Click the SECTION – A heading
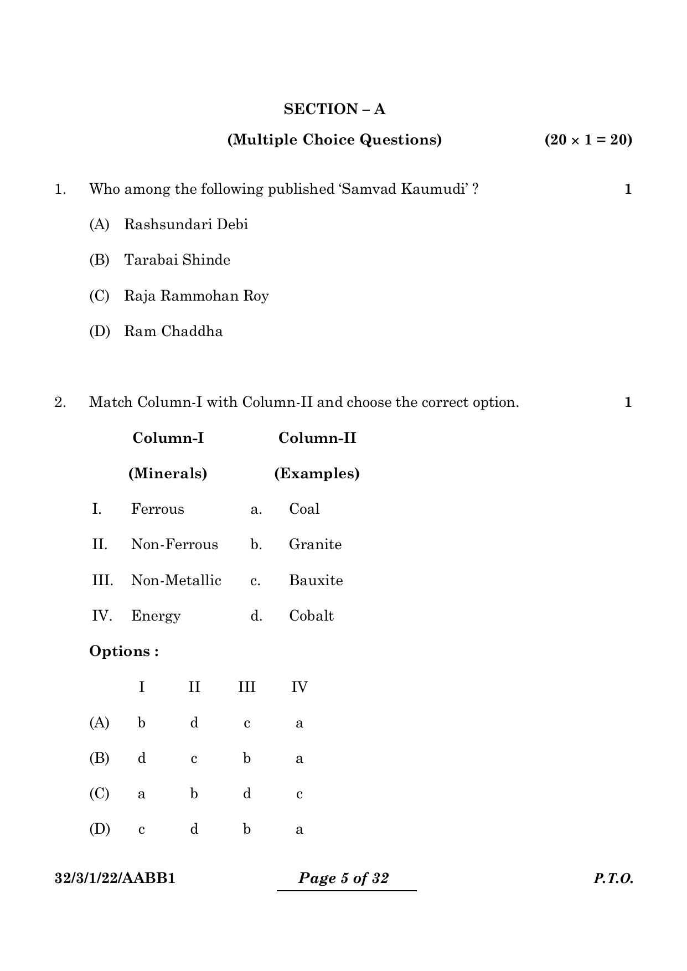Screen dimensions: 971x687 [x=334, y=109]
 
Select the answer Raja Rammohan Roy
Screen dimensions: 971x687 [x=196, y=296]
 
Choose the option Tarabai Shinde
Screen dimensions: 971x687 [x=177, y=260]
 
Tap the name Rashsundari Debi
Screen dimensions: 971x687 [x=186, y=224]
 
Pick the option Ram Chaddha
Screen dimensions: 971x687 [x=173, y=331]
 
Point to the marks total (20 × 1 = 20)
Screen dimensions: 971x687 [x=588, y=140]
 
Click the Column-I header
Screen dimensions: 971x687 [x=168, y=438]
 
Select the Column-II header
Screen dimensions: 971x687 [x=317, y=438]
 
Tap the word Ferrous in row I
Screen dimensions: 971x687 [x=157, y=509]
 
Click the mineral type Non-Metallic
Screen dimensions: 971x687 [x=176, y=580]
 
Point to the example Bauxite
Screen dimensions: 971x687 [x=316, y=580]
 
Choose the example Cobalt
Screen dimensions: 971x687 [x=311, y=616]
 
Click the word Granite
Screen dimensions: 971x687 [x=315, y=544]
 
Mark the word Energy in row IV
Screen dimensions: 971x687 [x=156, y=616]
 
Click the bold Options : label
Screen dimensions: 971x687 [x=124, y=651]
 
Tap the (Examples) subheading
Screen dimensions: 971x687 [x=317, y=473]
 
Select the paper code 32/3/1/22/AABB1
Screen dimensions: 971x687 [x=115, y=878]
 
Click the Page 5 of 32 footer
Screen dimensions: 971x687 [x=344, y=878]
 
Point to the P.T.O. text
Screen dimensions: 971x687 [x=613, y=878]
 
